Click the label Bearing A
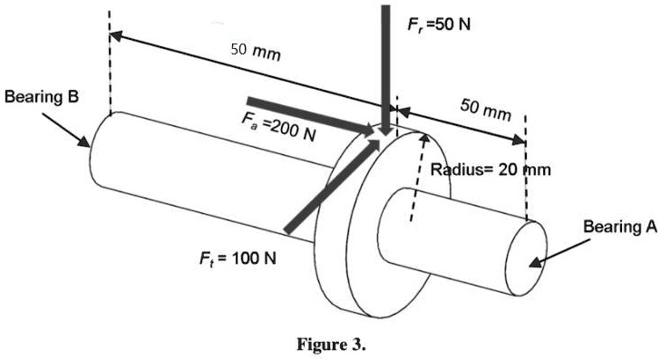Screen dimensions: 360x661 pyautogui.click(x=619, y=226)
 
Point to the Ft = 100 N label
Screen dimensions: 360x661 pyautogui.click(x=238, y=258)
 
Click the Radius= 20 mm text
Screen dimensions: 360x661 pyautogui.click(x=490, y=169)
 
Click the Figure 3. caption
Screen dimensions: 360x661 pyautogui.click(x=330, y=345)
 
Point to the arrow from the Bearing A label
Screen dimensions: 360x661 pyautogui.click(x=559, y=253)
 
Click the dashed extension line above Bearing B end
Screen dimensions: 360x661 pyautogui.click(x=109, y=63)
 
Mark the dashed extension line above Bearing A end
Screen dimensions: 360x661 pyautogui.click(x=525, y=181)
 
